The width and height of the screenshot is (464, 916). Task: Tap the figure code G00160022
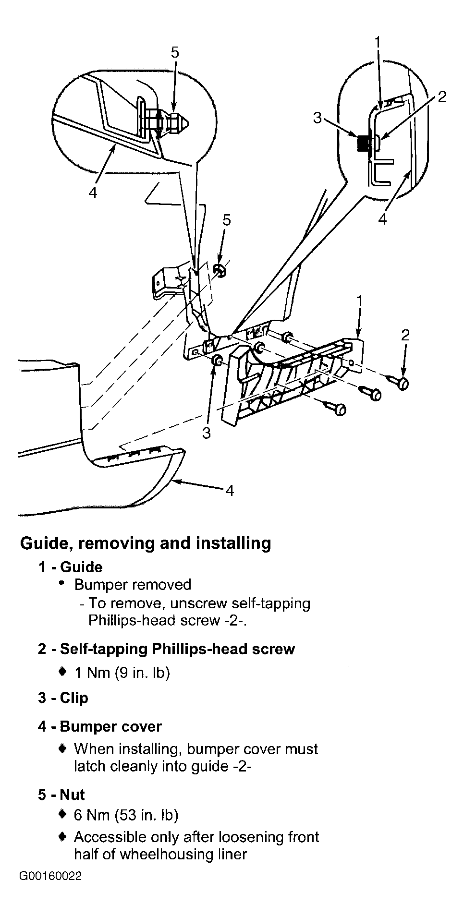click(50, 876)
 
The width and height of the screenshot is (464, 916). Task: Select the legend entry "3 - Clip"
click(63, 698)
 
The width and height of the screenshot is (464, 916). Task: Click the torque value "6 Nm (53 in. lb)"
click(126, 815)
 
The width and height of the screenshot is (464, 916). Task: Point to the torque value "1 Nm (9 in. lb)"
click(122, 673)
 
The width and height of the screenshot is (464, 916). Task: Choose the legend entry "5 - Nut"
click(61, 795)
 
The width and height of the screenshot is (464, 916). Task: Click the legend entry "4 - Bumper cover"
click(99, 726)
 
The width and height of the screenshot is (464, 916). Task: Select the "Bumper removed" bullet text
click(133, 585)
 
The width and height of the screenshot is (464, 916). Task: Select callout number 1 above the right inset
click(378, 42)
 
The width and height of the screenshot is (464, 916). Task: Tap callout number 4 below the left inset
click(93, 192)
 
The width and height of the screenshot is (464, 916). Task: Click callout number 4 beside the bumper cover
click(230, 490)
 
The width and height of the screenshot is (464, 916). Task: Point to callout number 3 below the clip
click(207, 433)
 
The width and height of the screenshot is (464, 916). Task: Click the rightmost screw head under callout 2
click(403, 383)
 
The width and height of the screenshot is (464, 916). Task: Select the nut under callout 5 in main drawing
click(220, 271)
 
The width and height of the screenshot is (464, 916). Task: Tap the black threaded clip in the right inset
click(363, 143)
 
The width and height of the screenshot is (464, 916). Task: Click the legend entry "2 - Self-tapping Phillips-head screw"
click(166, 649)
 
